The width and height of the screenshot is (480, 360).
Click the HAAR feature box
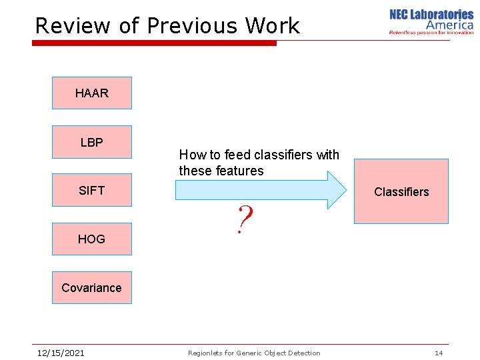92,93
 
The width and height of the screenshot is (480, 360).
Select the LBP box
92,142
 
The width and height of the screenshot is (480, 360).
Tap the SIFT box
92,191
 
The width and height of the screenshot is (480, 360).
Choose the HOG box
92,239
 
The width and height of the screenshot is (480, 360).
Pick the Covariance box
92,287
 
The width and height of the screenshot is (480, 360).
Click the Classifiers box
401,191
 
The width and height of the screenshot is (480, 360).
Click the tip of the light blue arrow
345,190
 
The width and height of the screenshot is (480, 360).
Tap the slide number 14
439,353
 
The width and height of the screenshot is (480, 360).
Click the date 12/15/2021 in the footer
60,353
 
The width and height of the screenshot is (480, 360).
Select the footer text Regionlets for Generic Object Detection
254,353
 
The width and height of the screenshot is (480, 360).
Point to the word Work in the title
272,26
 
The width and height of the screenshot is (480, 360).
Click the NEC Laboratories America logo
431,21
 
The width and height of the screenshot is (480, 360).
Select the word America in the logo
449,25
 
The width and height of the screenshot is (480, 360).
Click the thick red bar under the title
154,43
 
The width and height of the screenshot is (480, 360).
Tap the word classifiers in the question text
281,155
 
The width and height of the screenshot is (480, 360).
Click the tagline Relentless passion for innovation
431,32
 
